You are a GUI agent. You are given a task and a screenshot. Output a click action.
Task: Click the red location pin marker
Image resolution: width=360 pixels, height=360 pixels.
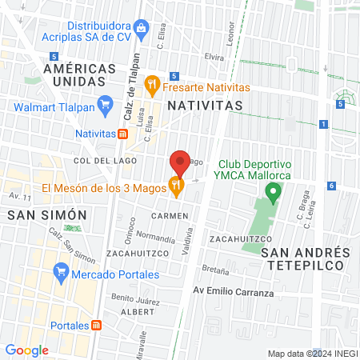(180, 163)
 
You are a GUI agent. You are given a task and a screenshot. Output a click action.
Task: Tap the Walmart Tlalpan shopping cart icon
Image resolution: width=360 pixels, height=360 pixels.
(104, 102)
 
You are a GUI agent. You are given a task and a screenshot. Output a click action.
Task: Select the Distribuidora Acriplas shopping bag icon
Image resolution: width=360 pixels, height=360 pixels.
(142, 29)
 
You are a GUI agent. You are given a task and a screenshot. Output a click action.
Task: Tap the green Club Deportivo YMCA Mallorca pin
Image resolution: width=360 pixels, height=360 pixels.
(273, 192)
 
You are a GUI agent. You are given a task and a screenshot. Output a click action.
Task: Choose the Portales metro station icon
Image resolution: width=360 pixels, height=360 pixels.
(97, 326)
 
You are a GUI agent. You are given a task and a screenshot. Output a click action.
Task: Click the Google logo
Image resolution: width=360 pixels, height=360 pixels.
(26, 350)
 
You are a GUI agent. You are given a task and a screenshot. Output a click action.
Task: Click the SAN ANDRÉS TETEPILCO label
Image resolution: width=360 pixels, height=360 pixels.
(305, 258)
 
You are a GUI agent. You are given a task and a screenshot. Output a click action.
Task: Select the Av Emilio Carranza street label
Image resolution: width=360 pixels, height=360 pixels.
(234, 293)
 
